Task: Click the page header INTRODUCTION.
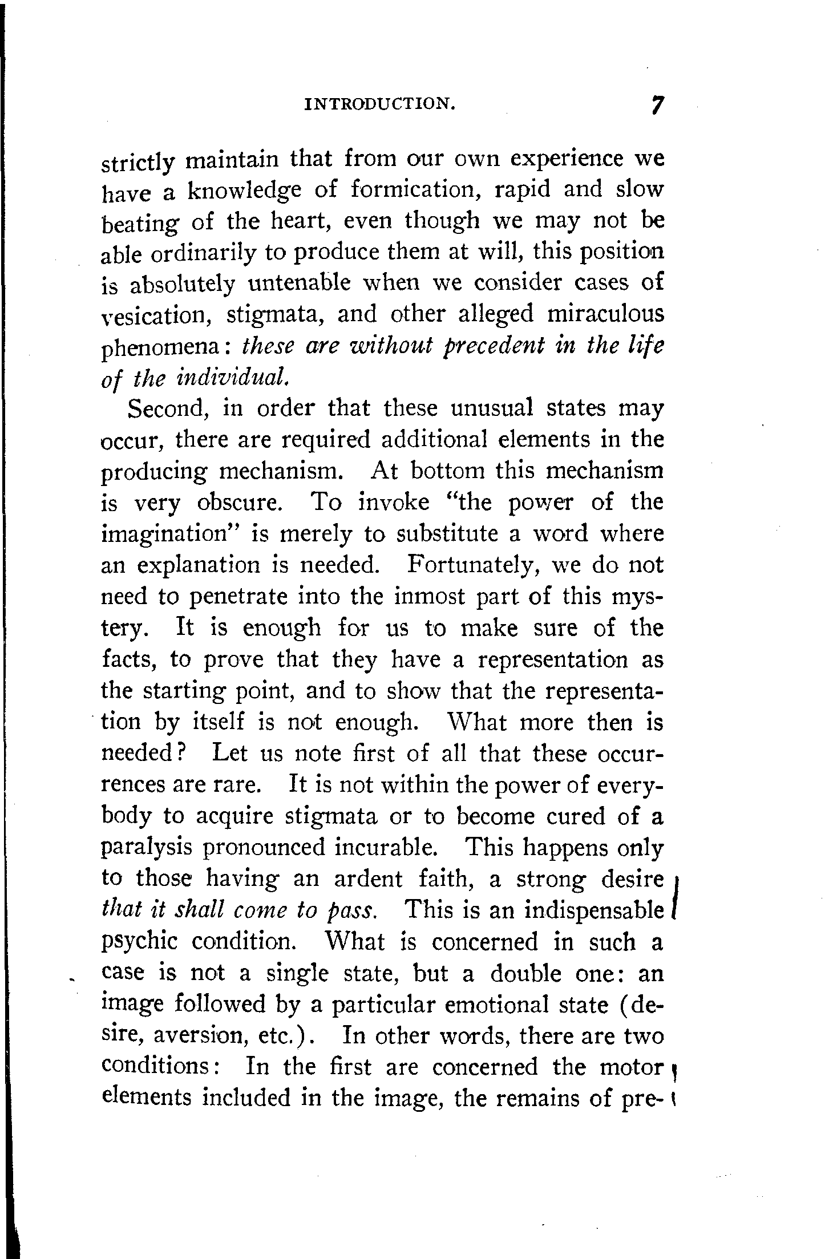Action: pyautogui.click(x=380, y=104)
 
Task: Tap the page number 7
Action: pyautogui.click(x=658, y=106)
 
